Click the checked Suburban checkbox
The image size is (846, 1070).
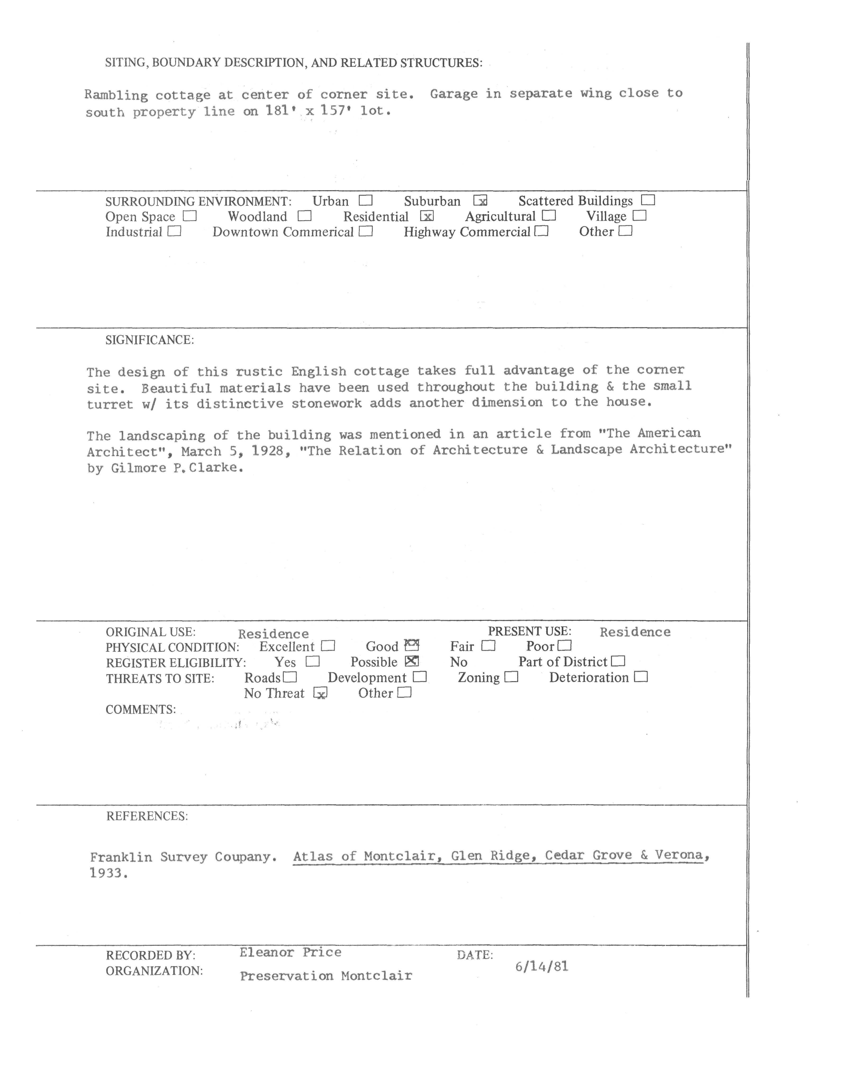point(480,201)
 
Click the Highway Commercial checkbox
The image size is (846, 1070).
point(542,231)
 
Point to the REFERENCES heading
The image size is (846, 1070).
point(147,816)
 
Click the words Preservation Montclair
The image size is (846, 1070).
point(326,976)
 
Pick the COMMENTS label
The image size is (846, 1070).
point(141,709)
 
